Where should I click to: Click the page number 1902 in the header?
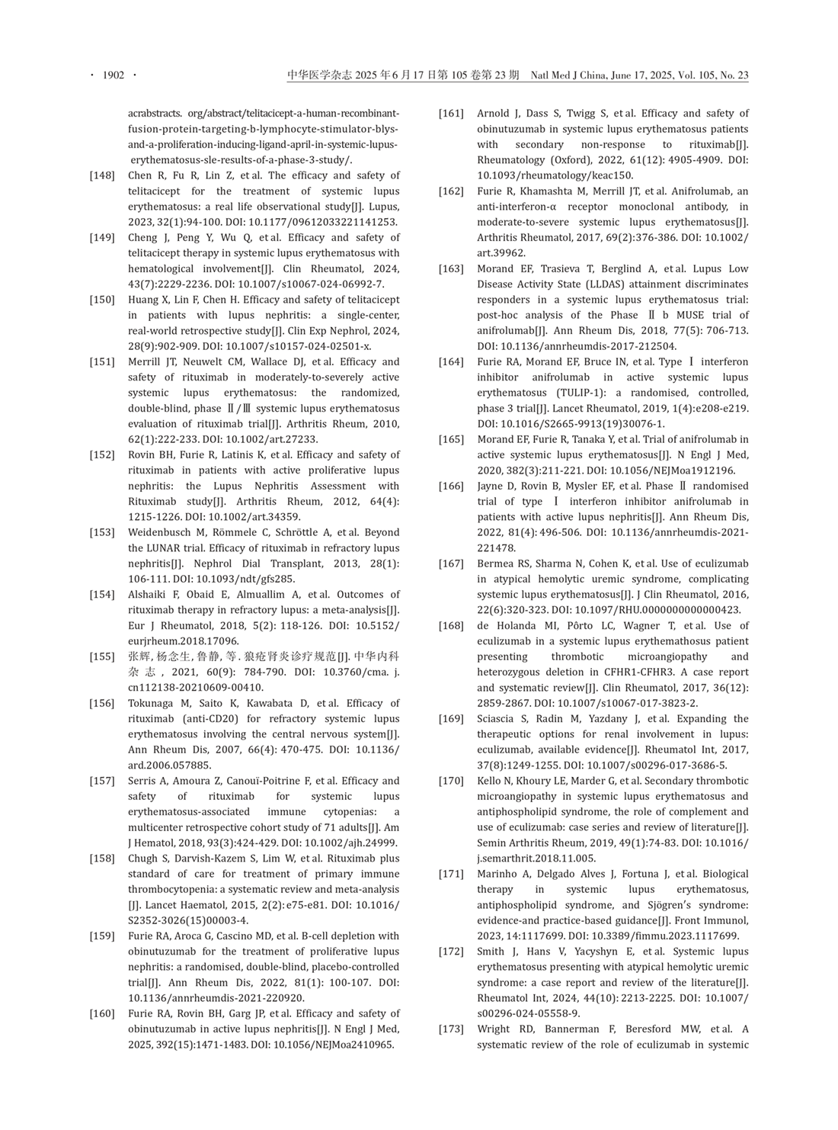pyautogui.click(x=113, y=75)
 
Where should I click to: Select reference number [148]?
pyautogui.click(x=102, y=175)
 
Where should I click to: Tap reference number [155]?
pyautogui.click(x=102, y=656)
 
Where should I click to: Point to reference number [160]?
pyautogui.click(x=102, y=1013)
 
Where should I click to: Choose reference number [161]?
pyautogui.click(x=451, y=114)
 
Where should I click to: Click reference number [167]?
pyautogui.click(x=451, y=563)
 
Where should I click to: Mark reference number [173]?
pyautogui.click(x=451, y=1029)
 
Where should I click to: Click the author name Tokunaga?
pyautogui.click(x=152, y=703)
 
